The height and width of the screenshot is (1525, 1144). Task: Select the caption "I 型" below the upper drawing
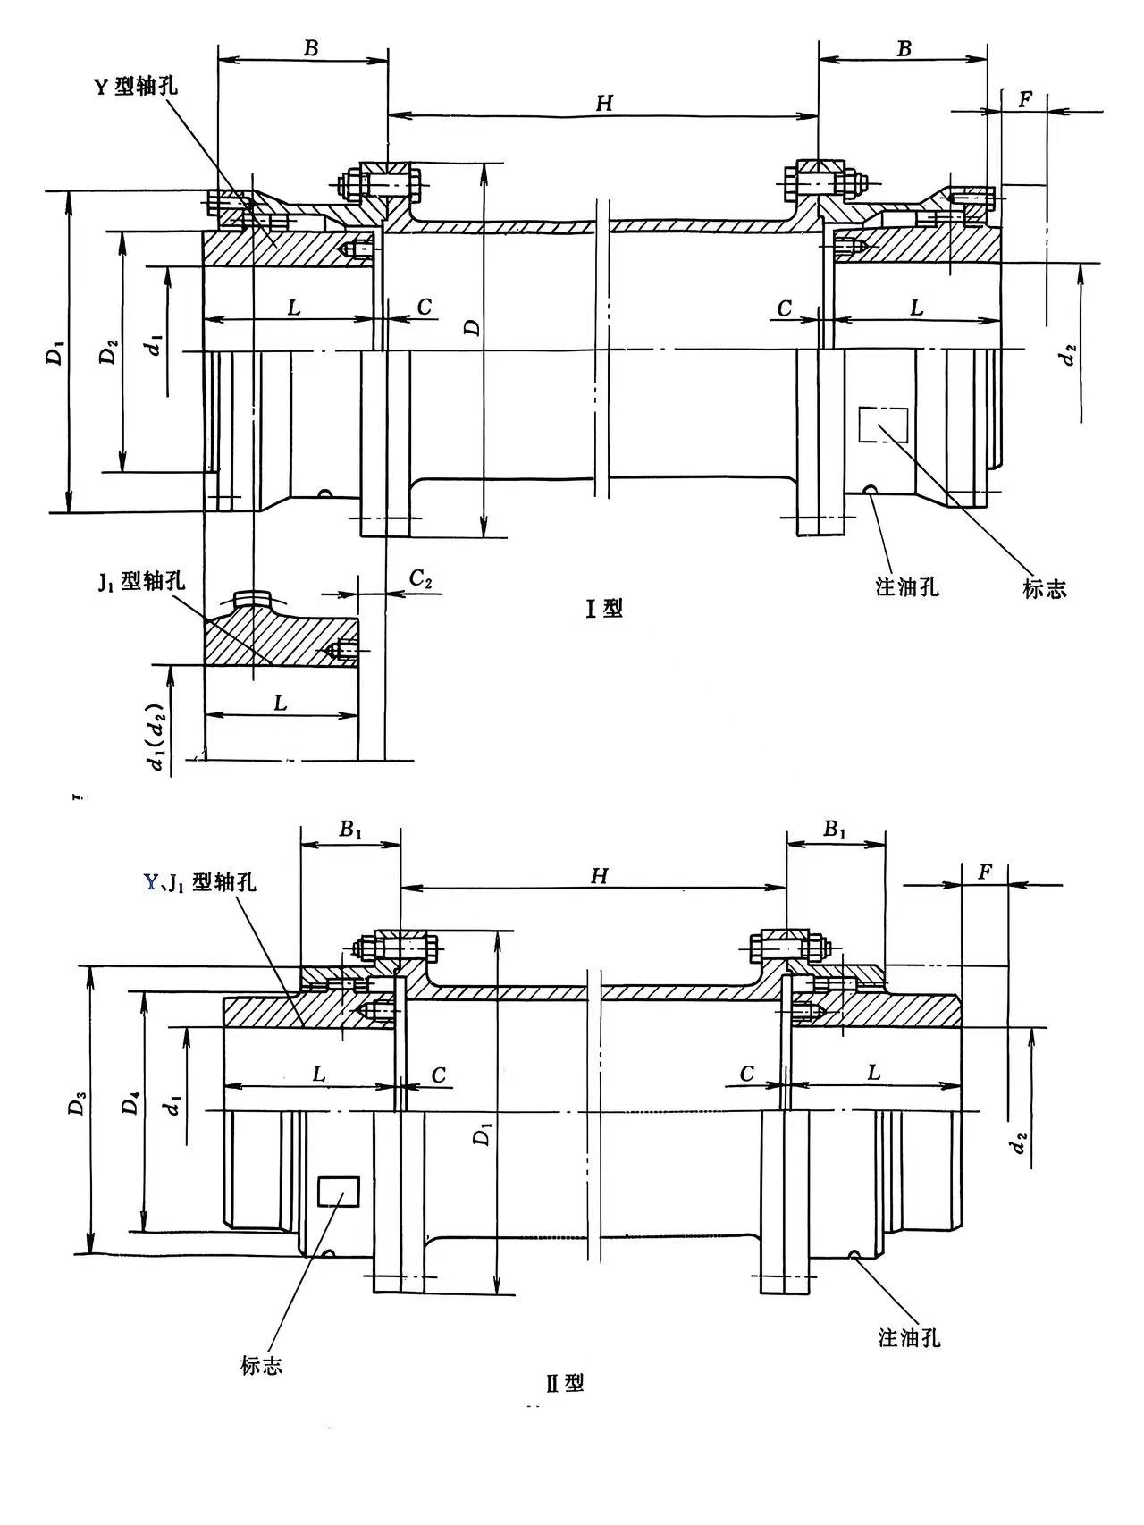pyautogui.click(x=603, y=609)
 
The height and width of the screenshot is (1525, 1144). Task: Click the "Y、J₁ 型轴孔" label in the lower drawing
pyautogui.click(x=200, y=882)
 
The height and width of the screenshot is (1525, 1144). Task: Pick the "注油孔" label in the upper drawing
pyautogui.click(x=907, y=587)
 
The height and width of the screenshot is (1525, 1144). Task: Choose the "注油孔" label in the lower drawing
pyautogui.click(x=909, y=1338)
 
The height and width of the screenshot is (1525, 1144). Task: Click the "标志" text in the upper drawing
pyautogui.click(x=1045, y=588)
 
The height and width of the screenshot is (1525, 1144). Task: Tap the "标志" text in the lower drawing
pyautogui.click(x=261, y=1365)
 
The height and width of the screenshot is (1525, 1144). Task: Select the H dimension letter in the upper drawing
pyautogui.click(x=604, y=104)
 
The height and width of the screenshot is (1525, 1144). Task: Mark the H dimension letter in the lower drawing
pyautogui.click(x=599, y=876)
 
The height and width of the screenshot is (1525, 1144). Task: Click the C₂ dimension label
pyautogui.click(x=421, y=579)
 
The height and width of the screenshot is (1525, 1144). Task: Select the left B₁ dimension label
pyautogui.click(x=350, y=830)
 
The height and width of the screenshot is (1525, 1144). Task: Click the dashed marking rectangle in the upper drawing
pyautogui.click(x=883, y=424)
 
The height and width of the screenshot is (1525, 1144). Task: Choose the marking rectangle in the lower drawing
pyautogui.click(x=339, y=1192)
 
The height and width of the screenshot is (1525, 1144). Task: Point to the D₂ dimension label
pyautogui.click(x=108, y=354)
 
